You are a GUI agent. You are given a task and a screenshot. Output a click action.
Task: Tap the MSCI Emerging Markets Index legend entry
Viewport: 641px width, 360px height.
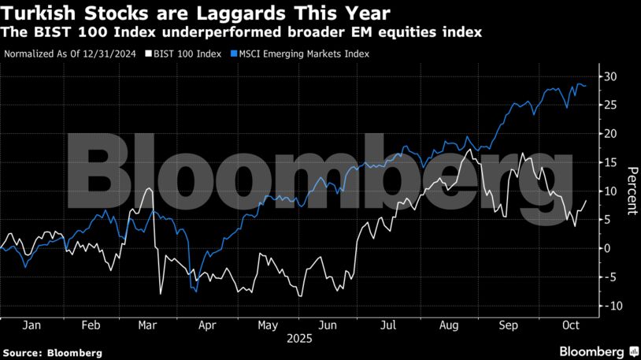click(x=302, y=54)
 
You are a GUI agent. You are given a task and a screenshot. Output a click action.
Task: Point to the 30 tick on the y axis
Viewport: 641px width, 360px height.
click(x=610, y=76)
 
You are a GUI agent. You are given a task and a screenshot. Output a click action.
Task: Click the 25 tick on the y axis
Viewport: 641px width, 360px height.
click(x=610, y=106)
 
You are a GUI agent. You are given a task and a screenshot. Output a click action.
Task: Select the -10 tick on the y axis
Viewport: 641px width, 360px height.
click(x=608, y=305)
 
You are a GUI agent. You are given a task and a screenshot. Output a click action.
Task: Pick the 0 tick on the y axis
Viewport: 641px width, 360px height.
click(x=607, y=248)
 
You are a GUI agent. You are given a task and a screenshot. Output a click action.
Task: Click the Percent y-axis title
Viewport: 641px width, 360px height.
click(x=631, y=191)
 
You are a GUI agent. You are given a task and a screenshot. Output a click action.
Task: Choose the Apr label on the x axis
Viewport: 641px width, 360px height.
click(x=208, y=324)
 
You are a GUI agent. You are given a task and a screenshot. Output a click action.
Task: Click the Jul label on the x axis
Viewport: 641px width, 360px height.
click(x=388, y=324)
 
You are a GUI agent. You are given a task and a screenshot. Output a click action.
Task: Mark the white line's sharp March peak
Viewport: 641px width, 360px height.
click(x=149, y=189)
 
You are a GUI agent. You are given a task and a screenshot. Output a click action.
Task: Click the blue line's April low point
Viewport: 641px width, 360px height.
click(x=195, y=291)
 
